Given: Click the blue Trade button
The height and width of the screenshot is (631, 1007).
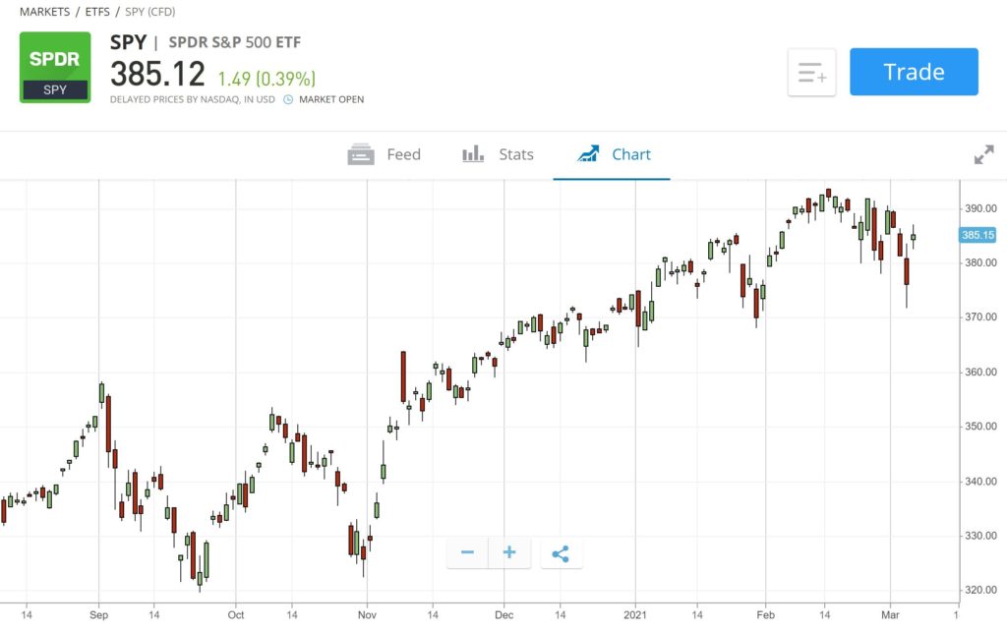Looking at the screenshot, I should point(914,72).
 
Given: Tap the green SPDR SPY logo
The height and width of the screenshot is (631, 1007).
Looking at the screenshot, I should point(55,67).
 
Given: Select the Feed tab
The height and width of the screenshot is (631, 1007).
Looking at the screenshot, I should point(385,154).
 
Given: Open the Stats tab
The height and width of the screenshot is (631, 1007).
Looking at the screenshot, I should point(499,154).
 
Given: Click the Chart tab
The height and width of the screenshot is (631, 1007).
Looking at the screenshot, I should point(615,154).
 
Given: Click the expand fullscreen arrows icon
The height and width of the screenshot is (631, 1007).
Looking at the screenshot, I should point(983,154).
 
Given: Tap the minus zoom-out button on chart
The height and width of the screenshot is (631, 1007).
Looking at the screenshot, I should point(467,553).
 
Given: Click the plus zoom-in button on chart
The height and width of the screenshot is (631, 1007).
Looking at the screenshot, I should point(509,553).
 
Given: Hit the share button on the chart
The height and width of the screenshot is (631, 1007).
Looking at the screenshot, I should point(561,553).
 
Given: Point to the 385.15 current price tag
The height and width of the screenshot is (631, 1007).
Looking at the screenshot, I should point(978,235).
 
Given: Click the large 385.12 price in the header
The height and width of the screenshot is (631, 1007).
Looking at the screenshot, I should point(157,75).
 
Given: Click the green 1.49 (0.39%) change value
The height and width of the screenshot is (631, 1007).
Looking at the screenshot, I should point(267,78).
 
